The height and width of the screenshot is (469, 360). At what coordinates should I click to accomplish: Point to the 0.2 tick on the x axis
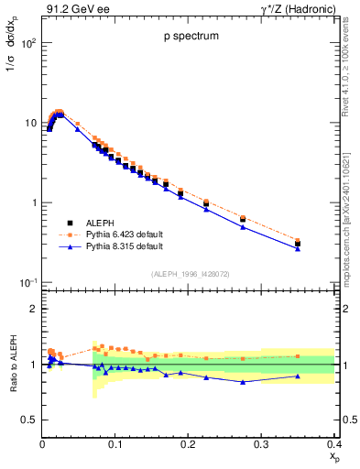pos(189,443)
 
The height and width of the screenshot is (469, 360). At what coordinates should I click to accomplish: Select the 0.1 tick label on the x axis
pos(115,443)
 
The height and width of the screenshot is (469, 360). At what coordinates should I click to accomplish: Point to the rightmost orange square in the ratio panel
pos(322,356)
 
